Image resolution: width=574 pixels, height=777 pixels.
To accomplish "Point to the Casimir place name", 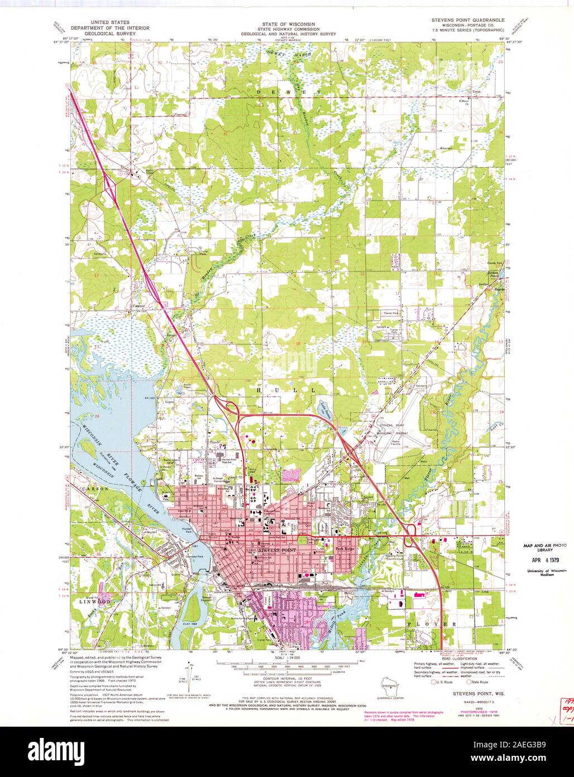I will (139, 307).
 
